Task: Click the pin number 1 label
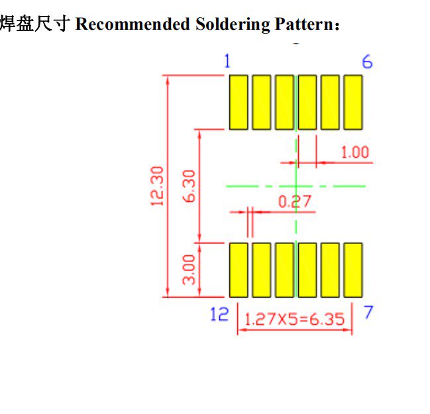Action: (227, 62)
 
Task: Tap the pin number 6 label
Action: (367, 62)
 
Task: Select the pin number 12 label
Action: (219, 314)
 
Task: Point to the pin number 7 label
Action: (368, 313)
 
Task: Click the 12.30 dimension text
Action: (157, 186)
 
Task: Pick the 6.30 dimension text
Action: (189, 186)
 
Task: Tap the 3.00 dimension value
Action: (189, 269)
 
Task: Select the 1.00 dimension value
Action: (354, 153)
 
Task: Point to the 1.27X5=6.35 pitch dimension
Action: (295, 319)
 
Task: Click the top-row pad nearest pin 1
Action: (239, 102)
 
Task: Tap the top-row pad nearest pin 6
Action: (353, 102)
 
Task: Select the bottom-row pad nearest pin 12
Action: (239, 270)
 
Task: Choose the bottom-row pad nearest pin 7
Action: (353, 270)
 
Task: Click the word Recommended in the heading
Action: (133, 25)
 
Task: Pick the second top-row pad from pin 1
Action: (262, 102)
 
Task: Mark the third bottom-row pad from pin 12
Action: (284, 270)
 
